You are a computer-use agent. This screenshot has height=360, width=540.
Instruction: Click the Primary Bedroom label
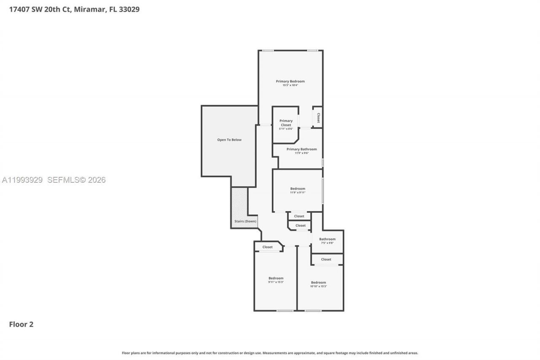[290, 81]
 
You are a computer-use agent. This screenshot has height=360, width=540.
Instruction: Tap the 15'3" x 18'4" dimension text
[290, 85]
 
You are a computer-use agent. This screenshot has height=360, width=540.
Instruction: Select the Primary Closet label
[286, 123]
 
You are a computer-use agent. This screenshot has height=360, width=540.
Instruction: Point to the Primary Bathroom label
[302, 149]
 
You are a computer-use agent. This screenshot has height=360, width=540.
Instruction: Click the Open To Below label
[229, 140]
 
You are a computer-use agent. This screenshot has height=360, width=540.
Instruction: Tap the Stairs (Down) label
[245, 221]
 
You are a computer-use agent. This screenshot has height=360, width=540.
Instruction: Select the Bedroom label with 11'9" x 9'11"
[297, 189]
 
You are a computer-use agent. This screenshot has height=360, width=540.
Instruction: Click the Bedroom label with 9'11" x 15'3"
[276, 278]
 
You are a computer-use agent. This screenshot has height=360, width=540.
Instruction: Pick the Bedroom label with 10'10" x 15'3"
[319, 282]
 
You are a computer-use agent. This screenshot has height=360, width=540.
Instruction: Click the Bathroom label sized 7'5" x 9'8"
[327, 239]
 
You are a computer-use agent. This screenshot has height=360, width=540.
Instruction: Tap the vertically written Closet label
[318, 118]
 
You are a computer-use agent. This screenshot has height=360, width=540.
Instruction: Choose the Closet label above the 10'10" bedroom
[326, 259]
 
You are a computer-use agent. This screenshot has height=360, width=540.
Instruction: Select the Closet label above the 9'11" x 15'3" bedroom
[267, 247]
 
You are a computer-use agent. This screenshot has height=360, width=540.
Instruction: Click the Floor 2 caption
[21, 324]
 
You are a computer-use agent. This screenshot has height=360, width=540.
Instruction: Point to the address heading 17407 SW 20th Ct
[74, 9]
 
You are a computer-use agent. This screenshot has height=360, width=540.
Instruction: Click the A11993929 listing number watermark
[22, 180]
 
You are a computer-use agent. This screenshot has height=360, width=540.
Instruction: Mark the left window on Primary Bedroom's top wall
[268, 51]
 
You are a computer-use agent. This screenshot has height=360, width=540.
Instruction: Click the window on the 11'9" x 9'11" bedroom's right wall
[323, 191]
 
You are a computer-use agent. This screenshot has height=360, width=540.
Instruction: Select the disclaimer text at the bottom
[270, 353]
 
